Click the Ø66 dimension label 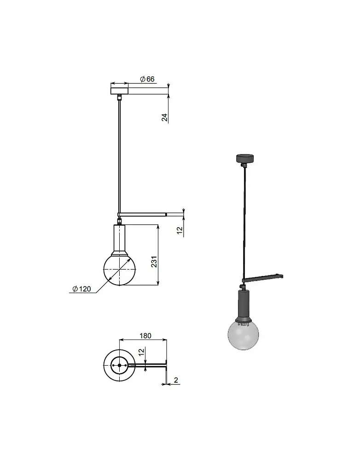click(x=147, y=79)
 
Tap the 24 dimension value click(x=164, y=117)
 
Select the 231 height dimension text click(x=154, y=262)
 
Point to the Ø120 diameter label click(x=81, y=289)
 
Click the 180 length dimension click(x=145, y=335)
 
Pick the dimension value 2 click(x=176, y=380)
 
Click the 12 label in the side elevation click(x=180, y=230)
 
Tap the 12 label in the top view click(x=142, y=352)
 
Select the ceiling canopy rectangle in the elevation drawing click(x=119, y=91)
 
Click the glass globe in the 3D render click(x=244, y=335)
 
